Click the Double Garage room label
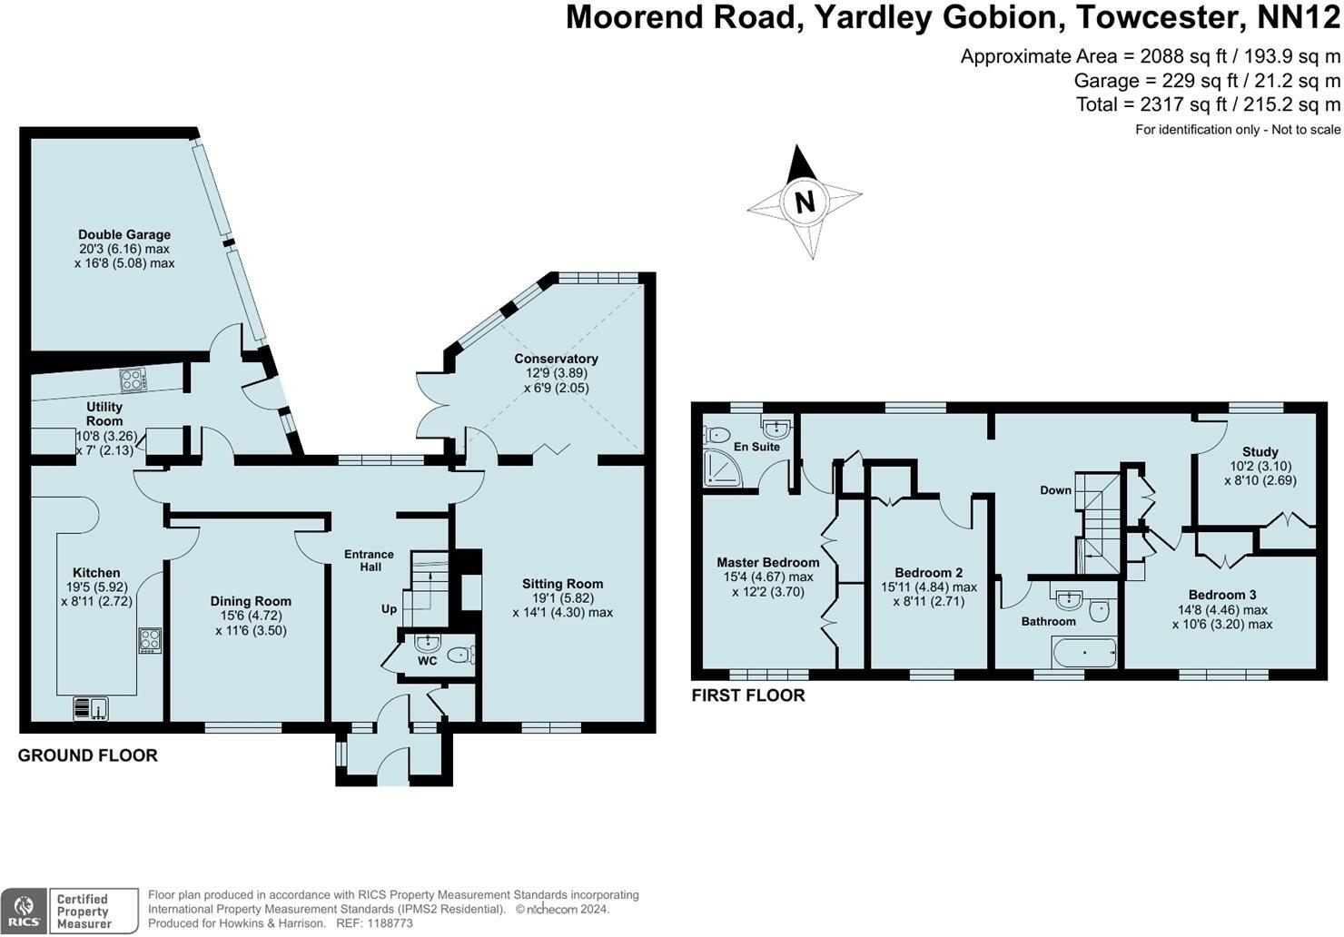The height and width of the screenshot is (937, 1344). (x=124, y=234)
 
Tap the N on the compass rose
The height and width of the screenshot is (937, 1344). (x=805, y=201)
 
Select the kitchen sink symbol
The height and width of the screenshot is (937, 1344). (x=91, y=707)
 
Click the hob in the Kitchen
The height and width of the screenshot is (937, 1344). (x=150, y=640)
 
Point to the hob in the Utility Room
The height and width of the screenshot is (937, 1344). (x=133, y=380)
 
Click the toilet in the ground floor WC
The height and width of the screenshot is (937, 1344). (x=460, y=655)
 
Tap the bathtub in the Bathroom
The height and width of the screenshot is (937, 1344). (x=1083, y=652)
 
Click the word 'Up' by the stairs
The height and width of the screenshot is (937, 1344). (x=389, y=608)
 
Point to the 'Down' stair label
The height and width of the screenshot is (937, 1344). (x=1055, y=490)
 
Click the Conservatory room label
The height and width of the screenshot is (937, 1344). (x=556, y=359)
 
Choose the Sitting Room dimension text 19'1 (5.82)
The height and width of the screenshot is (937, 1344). (x=562, y=598)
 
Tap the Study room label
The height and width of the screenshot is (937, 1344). (x=1260, y=451)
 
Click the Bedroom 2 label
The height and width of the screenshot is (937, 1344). (x=928, y=572)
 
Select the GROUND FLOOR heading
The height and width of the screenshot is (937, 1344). (x=88, y=755)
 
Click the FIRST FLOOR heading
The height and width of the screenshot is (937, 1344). (x=748, y=695)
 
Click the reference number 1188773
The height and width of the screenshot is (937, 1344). (x=387, y=923)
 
